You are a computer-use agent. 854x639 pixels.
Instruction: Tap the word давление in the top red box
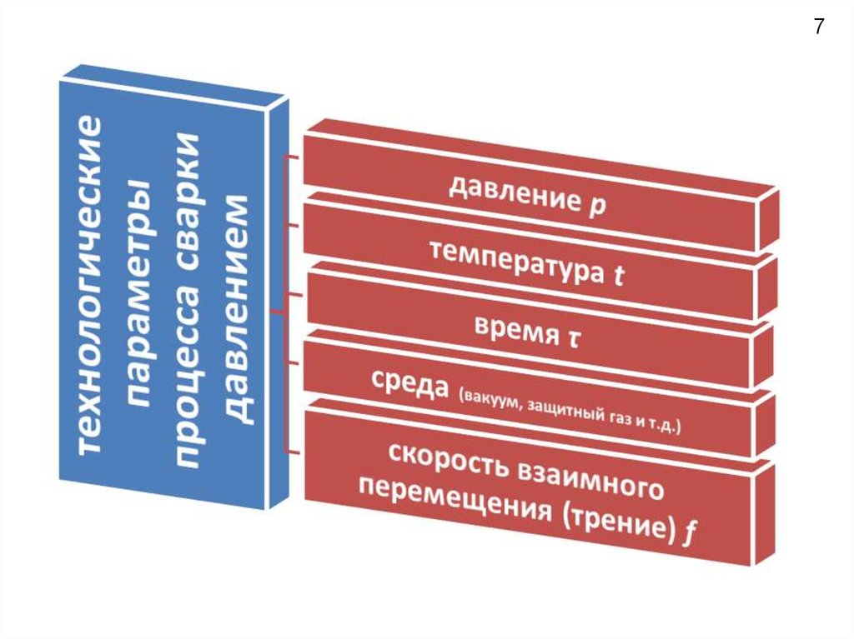coord(512,195)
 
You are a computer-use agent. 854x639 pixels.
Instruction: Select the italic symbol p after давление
coord(597,208)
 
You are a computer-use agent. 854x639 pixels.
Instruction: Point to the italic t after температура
coord(618,277)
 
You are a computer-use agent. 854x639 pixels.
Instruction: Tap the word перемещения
coord(454,499)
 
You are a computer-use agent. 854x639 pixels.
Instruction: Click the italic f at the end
coord(689,536)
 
